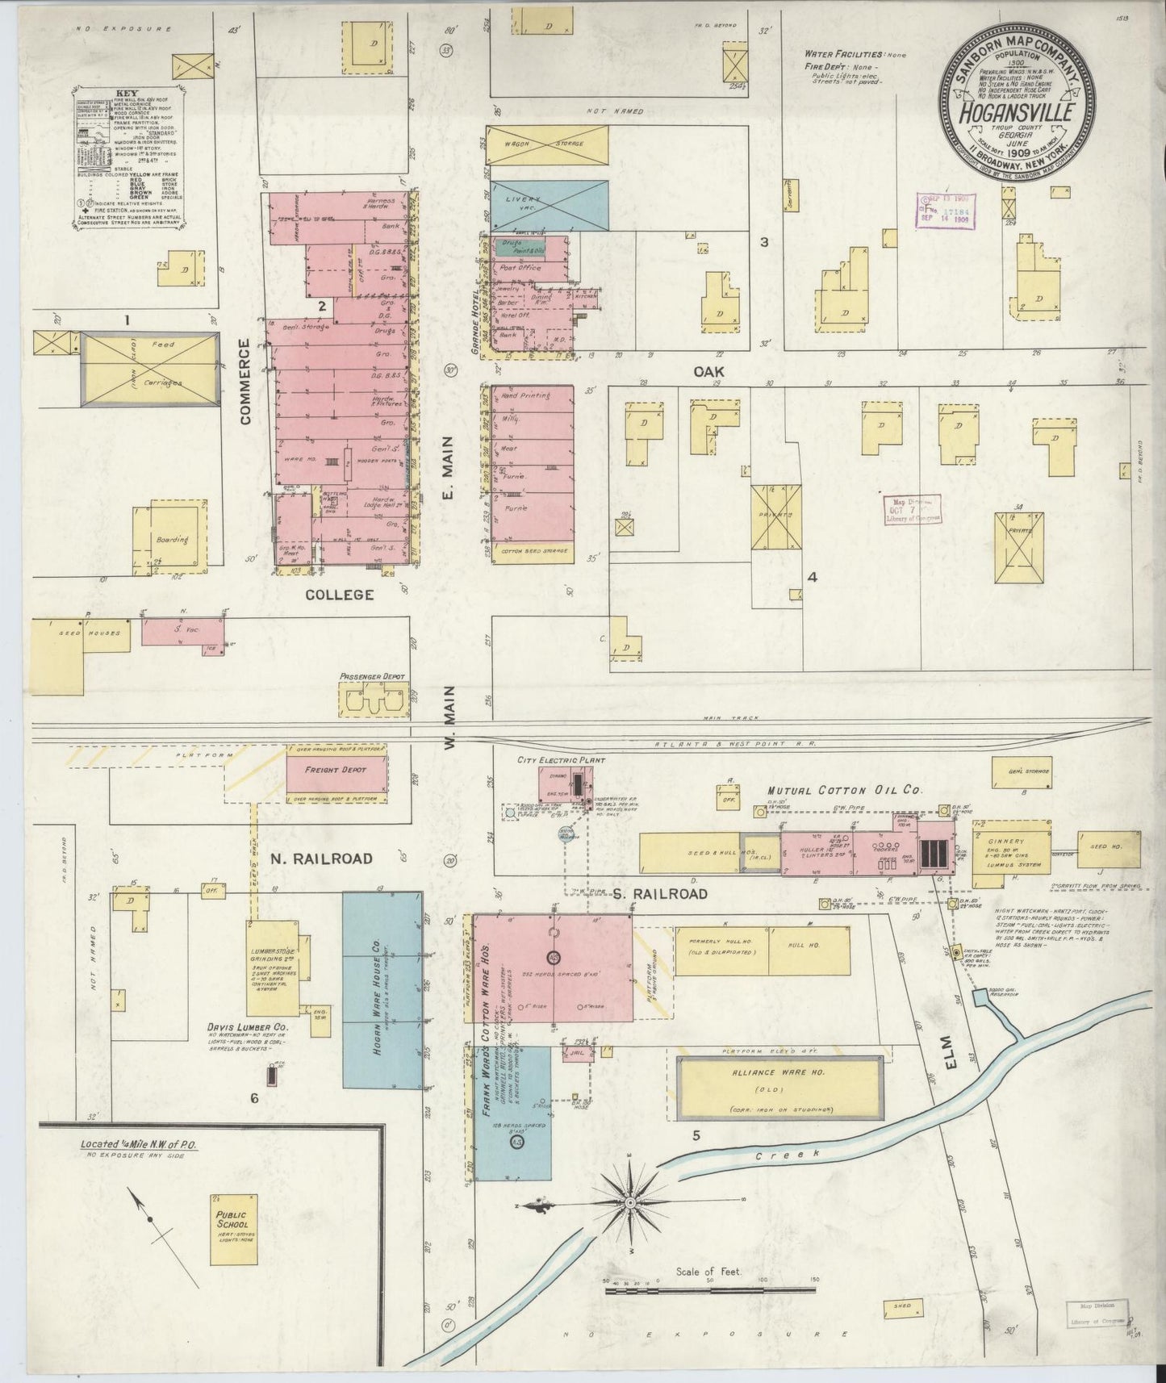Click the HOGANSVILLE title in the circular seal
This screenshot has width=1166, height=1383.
point(1016,112)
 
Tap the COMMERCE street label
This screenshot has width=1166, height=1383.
point(246,381)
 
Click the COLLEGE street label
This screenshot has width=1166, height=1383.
point(339,595)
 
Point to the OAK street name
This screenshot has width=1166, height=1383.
point(708,371)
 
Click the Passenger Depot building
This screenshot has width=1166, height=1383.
point(373,699)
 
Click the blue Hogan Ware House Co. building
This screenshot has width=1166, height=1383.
point(382,989)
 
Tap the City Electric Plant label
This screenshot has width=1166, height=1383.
point(561,759)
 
